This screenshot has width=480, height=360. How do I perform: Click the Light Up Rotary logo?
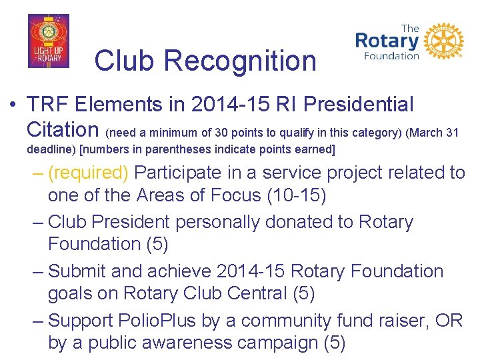tap(48, 41)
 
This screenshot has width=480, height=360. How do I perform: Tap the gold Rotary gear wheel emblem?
tap(443, 41)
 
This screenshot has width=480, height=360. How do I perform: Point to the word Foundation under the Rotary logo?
tap(391, 56)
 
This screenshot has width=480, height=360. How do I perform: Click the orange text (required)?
tap(88, 173)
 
